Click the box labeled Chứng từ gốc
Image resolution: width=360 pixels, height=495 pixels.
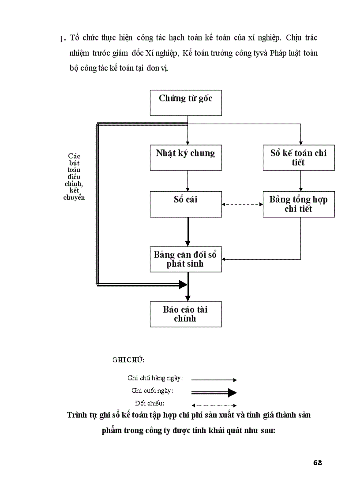186,102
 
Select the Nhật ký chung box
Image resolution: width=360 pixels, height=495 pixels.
186,157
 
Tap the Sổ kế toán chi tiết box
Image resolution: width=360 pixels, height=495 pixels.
299,157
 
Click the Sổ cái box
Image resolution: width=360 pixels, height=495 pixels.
186,204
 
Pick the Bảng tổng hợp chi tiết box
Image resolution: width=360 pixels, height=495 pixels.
299,204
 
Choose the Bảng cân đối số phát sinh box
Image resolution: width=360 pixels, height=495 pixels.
186,259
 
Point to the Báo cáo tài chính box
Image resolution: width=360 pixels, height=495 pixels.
186,314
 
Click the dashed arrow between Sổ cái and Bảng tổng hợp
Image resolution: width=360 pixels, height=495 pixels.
242,204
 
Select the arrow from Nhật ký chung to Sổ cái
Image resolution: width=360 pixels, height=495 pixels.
188,181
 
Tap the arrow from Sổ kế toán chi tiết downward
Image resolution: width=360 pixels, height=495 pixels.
301,181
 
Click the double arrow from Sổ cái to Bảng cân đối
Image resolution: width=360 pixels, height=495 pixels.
188,232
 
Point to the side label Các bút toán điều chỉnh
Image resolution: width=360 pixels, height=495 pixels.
74,176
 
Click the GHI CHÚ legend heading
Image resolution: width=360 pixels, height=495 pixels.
128,360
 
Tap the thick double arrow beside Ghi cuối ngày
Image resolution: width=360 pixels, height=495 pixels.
214,392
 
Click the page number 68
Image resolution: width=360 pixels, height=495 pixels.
318,462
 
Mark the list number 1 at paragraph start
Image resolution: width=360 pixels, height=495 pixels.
60,40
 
